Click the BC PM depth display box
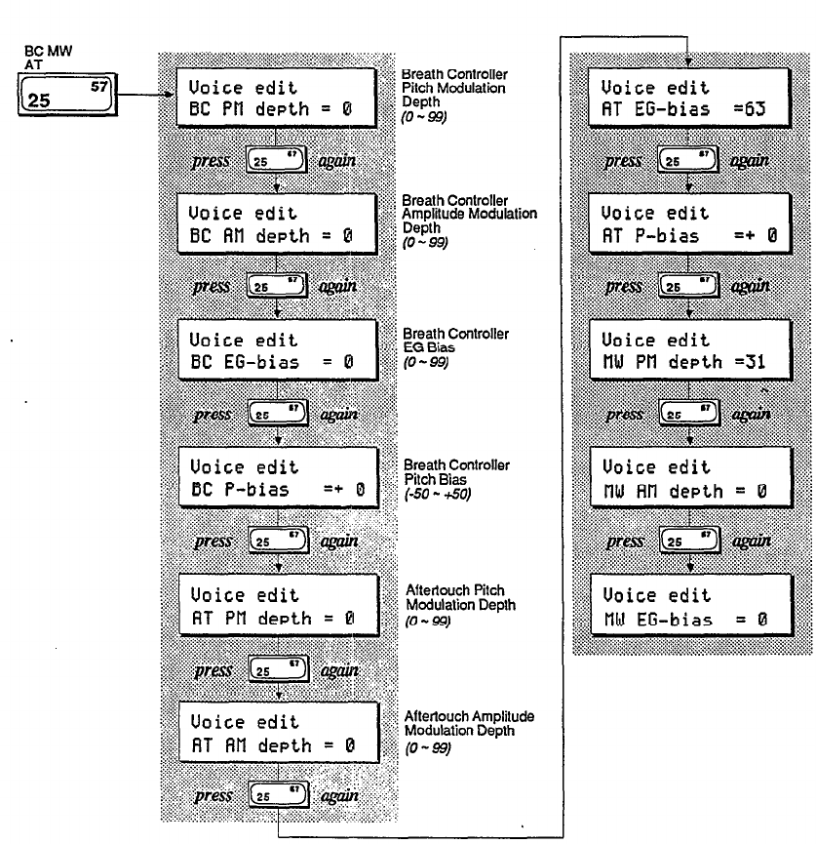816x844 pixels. coord(279,98)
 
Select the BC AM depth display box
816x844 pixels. coord(279,223)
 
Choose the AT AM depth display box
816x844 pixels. coord(279,735)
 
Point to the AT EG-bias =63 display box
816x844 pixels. coord(691,98)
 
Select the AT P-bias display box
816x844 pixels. coord(691,223)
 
